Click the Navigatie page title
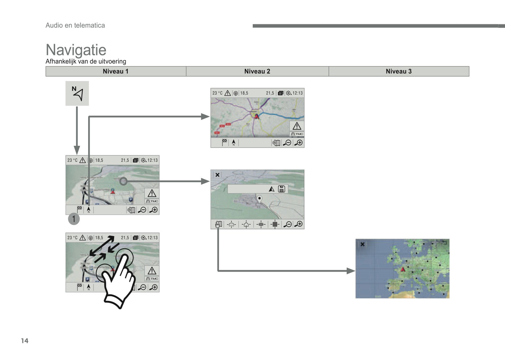click(x=76, y=50)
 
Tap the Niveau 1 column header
click(x=116, y=71)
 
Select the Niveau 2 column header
click(x=257, y=71)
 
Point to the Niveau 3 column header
click(x=399, y=71)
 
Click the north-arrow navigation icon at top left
click(x=77, y=93)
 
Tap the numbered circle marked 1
click(x=74, y=219)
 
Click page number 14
click(x=24, y=341)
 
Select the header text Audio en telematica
click(x=75, y=25)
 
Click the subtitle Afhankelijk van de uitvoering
click(x=86, y=62)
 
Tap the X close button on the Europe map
click(x=362, y=244)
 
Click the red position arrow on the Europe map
click(x=403, y=269)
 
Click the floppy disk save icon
click(x=282, y=189)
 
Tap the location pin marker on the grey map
click(x=259, y=199)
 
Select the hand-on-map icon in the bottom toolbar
click(x=218, y=224)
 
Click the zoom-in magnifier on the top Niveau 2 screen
click(x=299, y=143)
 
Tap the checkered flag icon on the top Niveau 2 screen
click(x=224, y=142)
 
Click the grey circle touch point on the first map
click(x=123, y=181)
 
